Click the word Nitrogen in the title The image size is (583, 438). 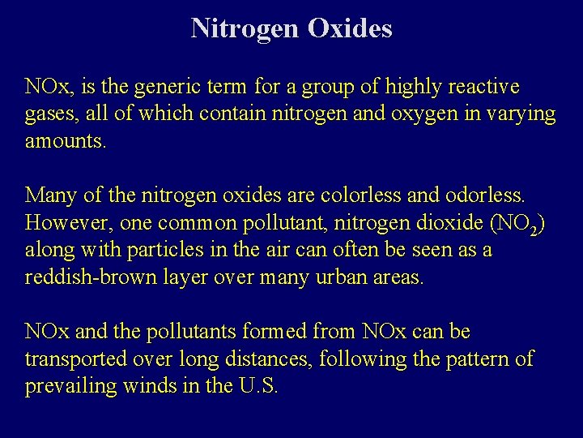coord(245,29)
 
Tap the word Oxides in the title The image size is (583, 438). coord(350,29)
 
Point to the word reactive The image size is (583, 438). coord(483,87)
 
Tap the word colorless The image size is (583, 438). coord(356,195)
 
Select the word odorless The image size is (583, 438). coord(483,195)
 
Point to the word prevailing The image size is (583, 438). coord(71,387)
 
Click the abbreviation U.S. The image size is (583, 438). coord(259,386)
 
